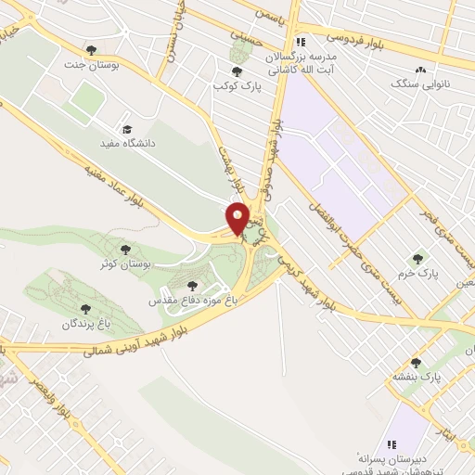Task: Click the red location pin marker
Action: (237, 219)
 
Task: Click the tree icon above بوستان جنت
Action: (90, 49)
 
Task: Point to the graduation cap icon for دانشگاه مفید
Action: (127, 130)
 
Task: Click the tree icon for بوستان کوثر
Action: (125, 250)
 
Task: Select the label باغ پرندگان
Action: (85, 324)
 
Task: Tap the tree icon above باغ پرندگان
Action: (85, 309)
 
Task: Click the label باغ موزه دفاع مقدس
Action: (191, 302)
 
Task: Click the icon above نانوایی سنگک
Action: (421, 70)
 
